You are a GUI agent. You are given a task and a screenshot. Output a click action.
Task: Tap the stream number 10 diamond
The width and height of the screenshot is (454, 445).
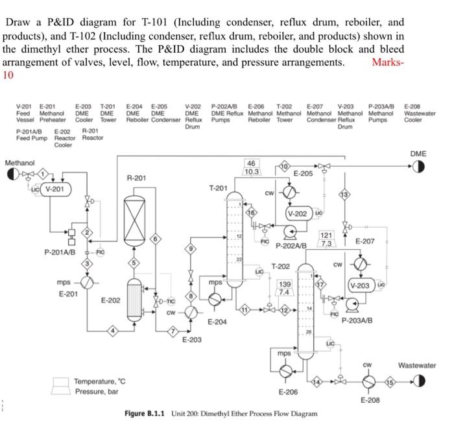click(281, 167)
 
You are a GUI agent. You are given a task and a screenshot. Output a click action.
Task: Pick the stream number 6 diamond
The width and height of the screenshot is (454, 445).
click(155, 239)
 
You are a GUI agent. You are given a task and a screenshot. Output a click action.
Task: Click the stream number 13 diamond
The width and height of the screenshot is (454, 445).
click(345, 193)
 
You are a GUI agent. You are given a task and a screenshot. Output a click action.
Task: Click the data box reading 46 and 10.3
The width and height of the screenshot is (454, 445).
click(253, 167)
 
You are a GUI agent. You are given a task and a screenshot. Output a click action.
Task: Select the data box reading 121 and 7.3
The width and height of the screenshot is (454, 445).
click(327, 239)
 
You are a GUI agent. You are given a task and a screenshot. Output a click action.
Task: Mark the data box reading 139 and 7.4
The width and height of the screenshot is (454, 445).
click(285, 288)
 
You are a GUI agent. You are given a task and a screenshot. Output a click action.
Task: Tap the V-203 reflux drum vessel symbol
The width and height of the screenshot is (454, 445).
click(361, 285)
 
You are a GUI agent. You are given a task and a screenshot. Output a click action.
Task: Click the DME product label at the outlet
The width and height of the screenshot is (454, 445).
click(418, 153)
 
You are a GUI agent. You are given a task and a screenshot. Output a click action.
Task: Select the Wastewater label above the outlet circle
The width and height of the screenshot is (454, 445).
click(417, 365)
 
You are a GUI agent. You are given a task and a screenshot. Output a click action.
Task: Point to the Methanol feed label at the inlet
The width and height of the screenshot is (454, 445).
click(19, 163)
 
